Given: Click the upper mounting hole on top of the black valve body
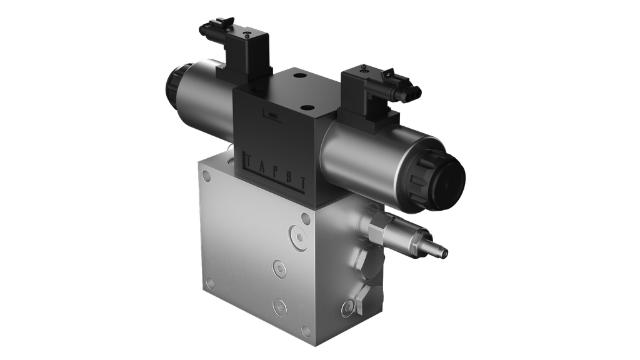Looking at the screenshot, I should click(x=297, y=77).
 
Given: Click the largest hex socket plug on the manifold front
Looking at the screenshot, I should click(x=298, y=238).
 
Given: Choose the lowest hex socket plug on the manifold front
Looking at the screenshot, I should click(x=279, y=306).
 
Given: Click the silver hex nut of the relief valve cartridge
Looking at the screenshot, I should click(x=377, y=229).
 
